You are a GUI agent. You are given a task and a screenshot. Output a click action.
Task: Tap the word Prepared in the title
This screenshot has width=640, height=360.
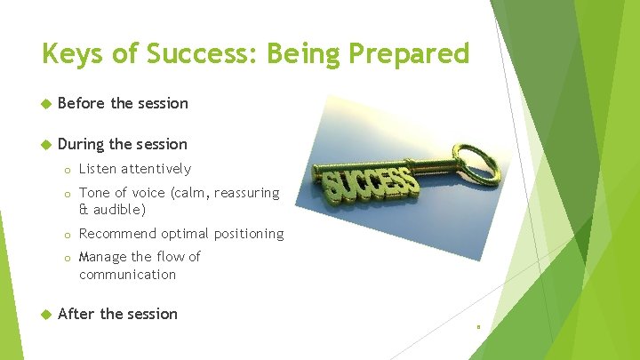[x=409, y=55]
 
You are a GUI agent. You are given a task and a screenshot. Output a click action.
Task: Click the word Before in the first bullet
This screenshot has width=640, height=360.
[x=82, y=103]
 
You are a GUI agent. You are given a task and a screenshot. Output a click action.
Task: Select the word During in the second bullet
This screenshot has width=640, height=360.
[x=82, y=144]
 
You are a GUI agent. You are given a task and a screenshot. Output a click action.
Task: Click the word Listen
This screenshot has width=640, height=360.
[x=98, y=169]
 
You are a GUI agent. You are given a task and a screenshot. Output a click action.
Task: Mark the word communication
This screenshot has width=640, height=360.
[x=128, y=275]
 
